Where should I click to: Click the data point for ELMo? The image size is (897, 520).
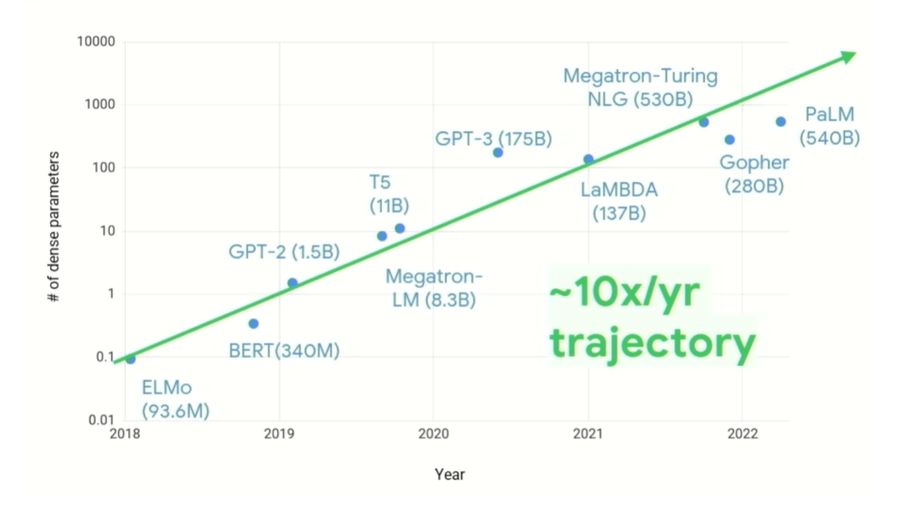pos(130,358)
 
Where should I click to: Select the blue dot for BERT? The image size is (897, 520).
pos(253,323)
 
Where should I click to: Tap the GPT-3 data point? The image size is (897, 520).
pos(498,152)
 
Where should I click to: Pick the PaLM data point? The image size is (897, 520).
pos(781,122)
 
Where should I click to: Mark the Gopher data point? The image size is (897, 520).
pos(730,140)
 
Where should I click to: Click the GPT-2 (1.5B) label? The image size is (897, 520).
pos(284,252)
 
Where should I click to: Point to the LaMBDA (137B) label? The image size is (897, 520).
pos(619,201)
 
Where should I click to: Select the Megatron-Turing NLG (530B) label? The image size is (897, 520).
pos(640,88)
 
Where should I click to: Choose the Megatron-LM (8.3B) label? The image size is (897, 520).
pos(434,289)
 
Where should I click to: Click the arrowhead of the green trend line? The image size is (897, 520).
pos(848,56)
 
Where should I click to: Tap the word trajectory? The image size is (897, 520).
pos(652,343)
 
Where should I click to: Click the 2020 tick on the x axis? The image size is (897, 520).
pos(434,433)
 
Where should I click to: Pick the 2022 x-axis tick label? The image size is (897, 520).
pos(742,433)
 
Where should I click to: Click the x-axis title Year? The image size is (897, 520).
pos(450,474)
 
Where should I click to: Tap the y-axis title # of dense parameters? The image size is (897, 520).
pos(54,228)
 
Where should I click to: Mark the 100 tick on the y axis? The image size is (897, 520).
pos(105,169)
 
